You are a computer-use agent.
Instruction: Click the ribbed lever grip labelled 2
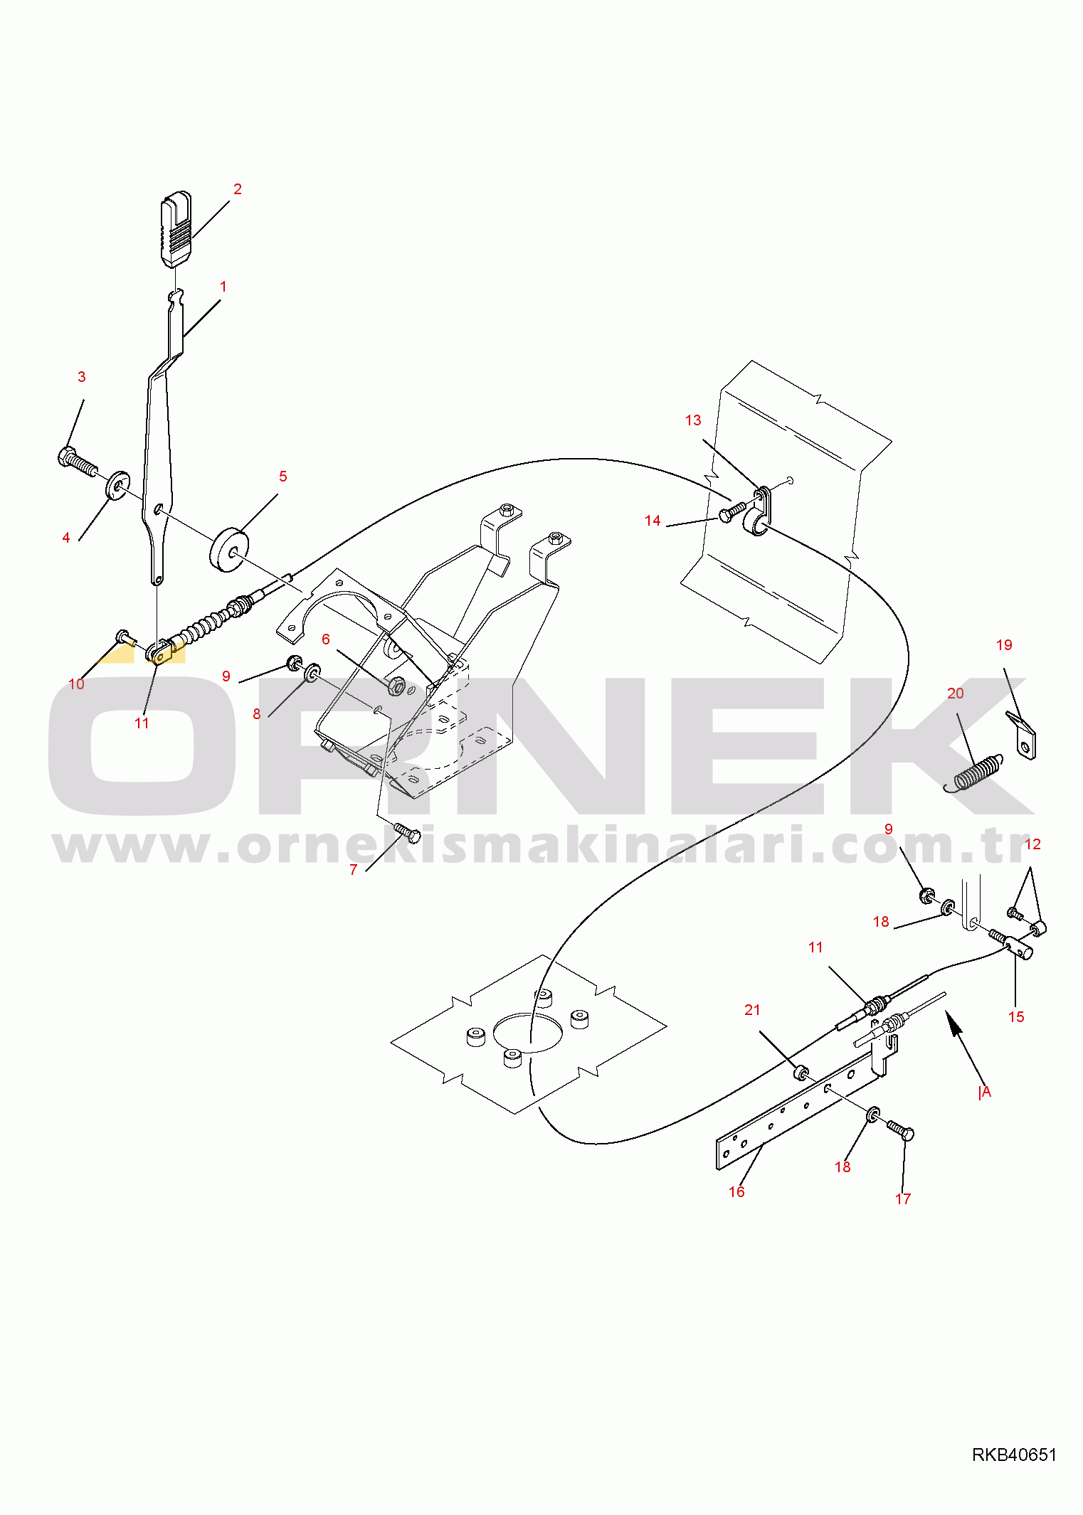176,228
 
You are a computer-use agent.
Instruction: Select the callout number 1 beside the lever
223,287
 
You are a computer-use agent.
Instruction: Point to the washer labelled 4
117,485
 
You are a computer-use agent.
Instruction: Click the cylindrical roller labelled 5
229,548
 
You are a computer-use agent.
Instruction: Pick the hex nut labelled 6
396,686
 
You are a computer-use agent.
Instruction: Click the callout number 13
693,420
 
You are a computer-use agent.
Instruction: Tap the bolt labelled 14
732,511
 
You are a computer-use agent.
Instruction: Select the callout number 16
736,1191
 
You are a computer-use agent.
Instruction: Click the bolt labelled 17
901,1129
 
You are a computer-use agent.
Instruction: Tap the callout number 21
752,1010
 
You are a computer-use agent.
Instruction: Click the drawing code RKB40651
1015,1455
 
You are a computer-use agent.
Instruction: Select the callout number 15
1016,1017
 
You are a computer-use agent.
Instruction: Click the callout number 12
1032,844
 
